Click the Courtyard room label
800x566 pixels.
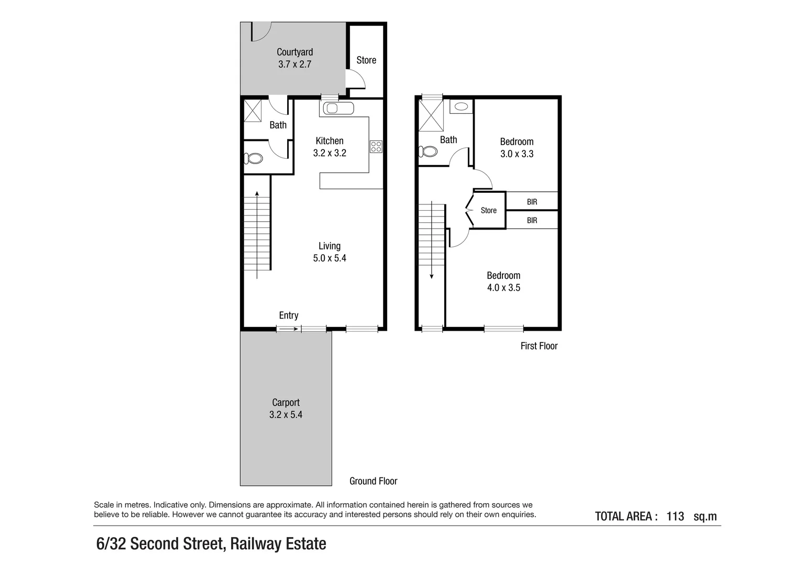pyautogui.click(x=295, y=52)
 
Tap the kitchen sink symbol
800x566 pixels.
pyautogui.click(x=331, y=108)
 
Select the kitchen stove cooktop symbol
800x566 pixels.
pyautogui.click(x=376, y=147)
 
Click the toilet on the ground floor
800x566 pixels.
pyautogui.click(x=255, y=158)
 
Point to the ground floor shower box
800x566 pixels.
pyautogui.click(x=253, y=111)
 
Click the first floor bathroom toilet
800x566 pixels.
pyautogui.click(x=429, y=151)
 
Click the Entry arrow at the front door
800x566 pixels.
pyautogui.click(x=289, y=329)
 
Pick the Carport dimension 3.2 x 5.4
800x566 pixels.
pyautogui.click(x=286, y=415)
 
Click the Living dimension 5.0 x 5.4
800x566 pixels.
pyautogui.click(x=330, y=258)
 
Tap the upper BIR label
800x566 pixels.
pyautogui.click(x=532, y=202)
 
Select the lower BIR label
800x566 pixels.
pyautogui.click(x=532, y=221)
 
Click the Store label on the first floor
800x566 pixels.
pyautogui.click(x=488, y=211)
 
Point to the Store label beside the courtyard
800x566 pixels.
pyautogui.click(x=366, y=60)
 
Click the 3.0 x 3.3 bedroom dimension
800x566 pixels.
pyautogui.click(x=517, y=154)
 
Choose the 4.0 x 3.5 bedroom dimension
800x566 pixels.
pyautogui.click(x=503, y=288)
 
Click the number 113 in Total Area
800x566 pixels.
pyautogui.click(x=675, y=517)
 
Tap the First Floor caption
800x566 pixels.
pyautogui.click(x=539, y=346)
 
